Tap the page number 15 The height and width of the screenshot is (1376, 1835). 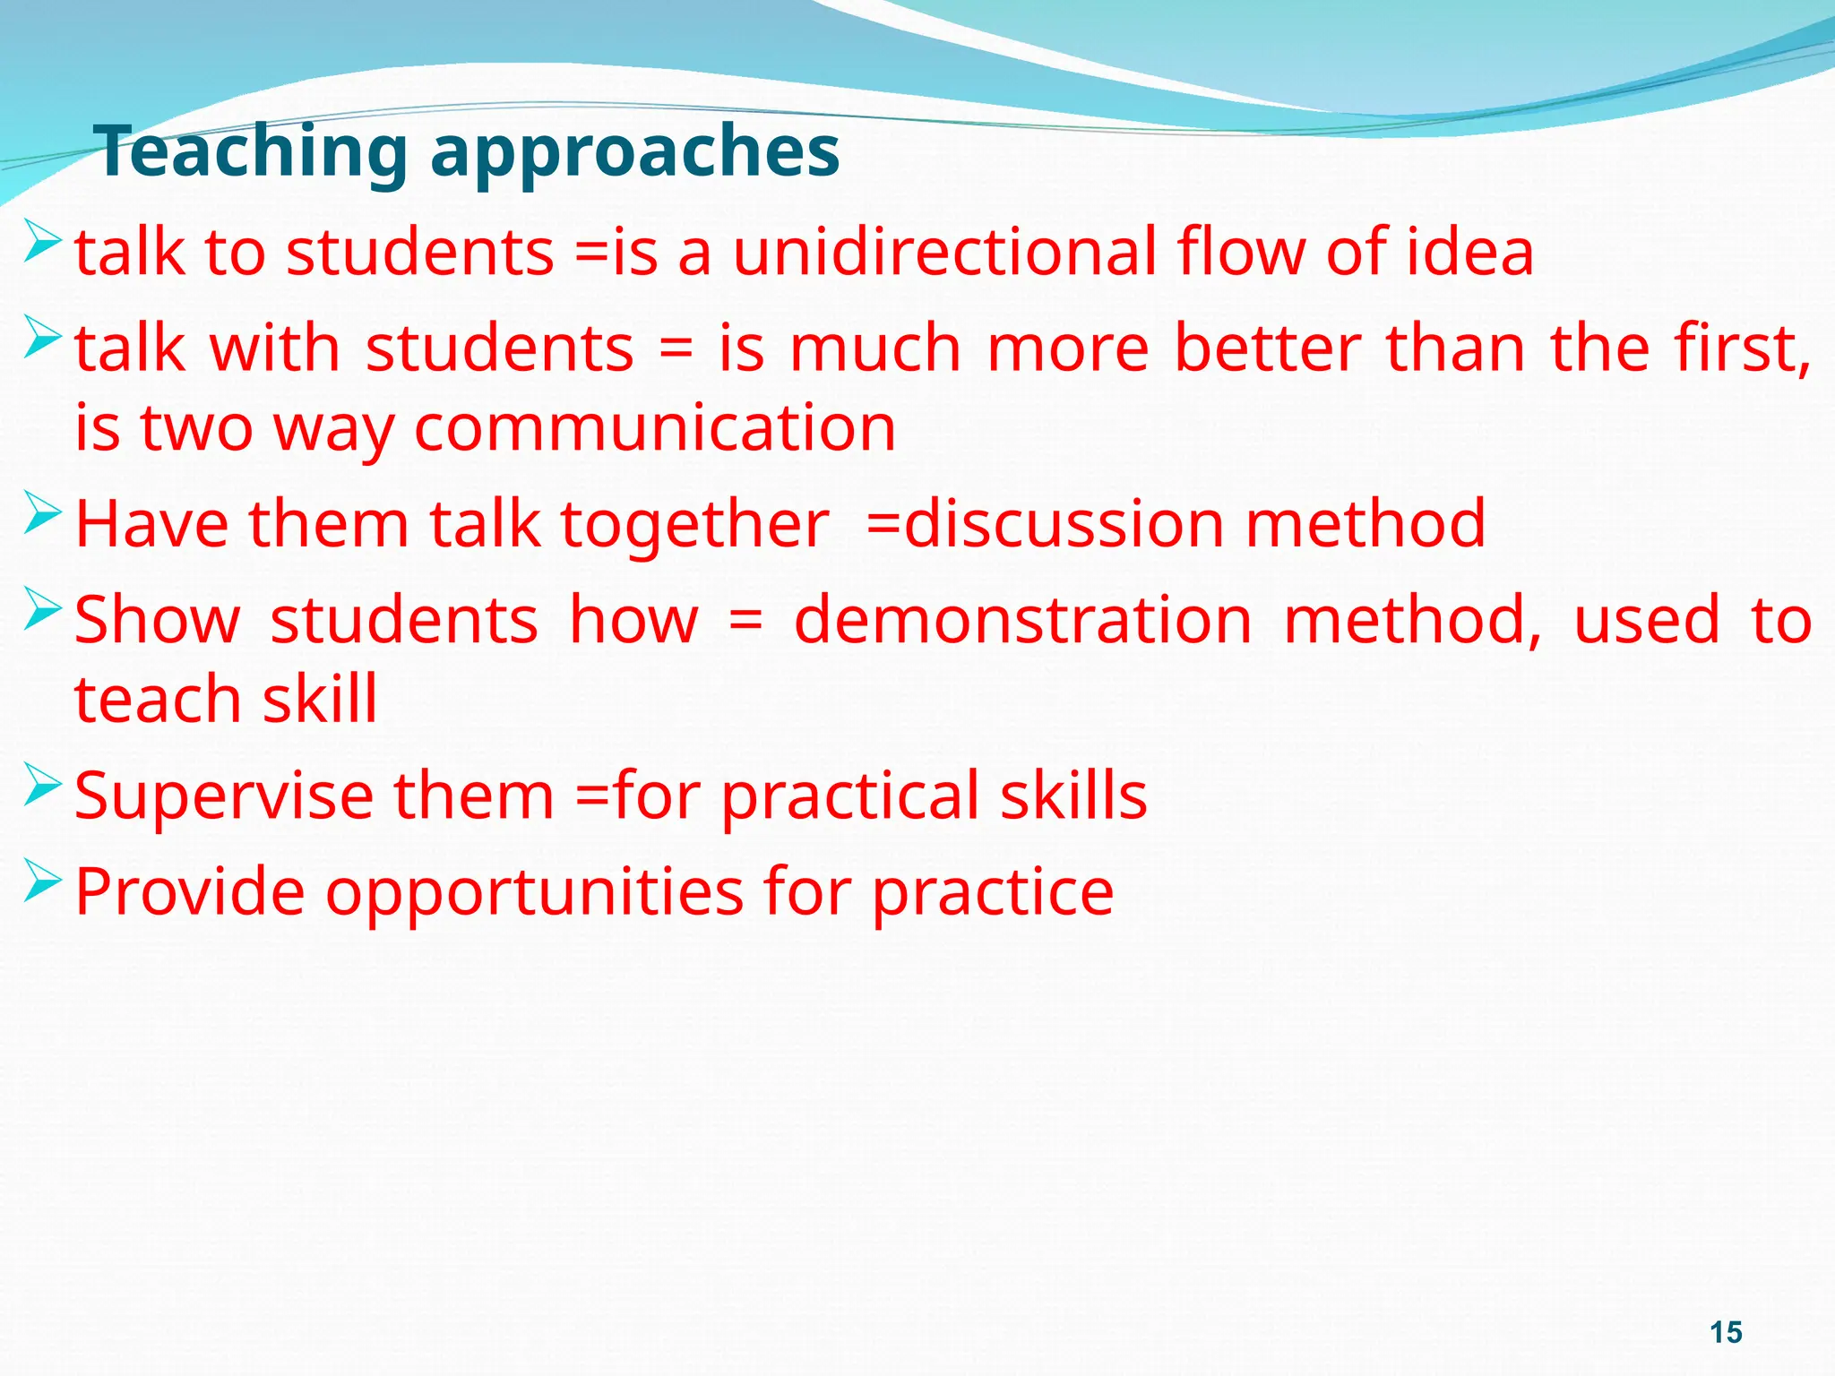pyautogui.click(x=1726, y=1332)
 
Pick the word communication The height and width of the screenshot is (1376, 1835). pyautogui.click(x=654, y=428)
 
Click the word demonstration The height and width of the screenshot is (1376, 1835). pyautogui.click(x=1022, y=620)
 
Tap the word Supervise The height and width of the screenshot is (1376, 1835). pyautogui.click(x=224, y=796)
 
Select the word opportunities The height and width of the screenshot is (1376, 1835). pyautogui.click(x=534, y=892)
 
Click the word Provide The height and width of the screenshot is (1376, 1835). pyautogui.click(x=189, y=892)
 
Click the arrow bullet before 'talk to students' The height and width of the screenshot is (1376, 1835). pyautogui.click(x=42, y=241)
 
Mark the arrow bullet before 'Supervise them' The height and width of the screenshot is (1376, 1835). pyautogui.click(x=42, y=785)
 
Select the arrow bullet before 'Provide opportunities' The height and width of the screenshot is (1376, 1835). pyautogui.click(x=42, y=881)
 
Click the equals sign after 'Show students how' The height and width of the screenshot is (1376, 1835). pyautogui.click(x=745, y=622)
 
